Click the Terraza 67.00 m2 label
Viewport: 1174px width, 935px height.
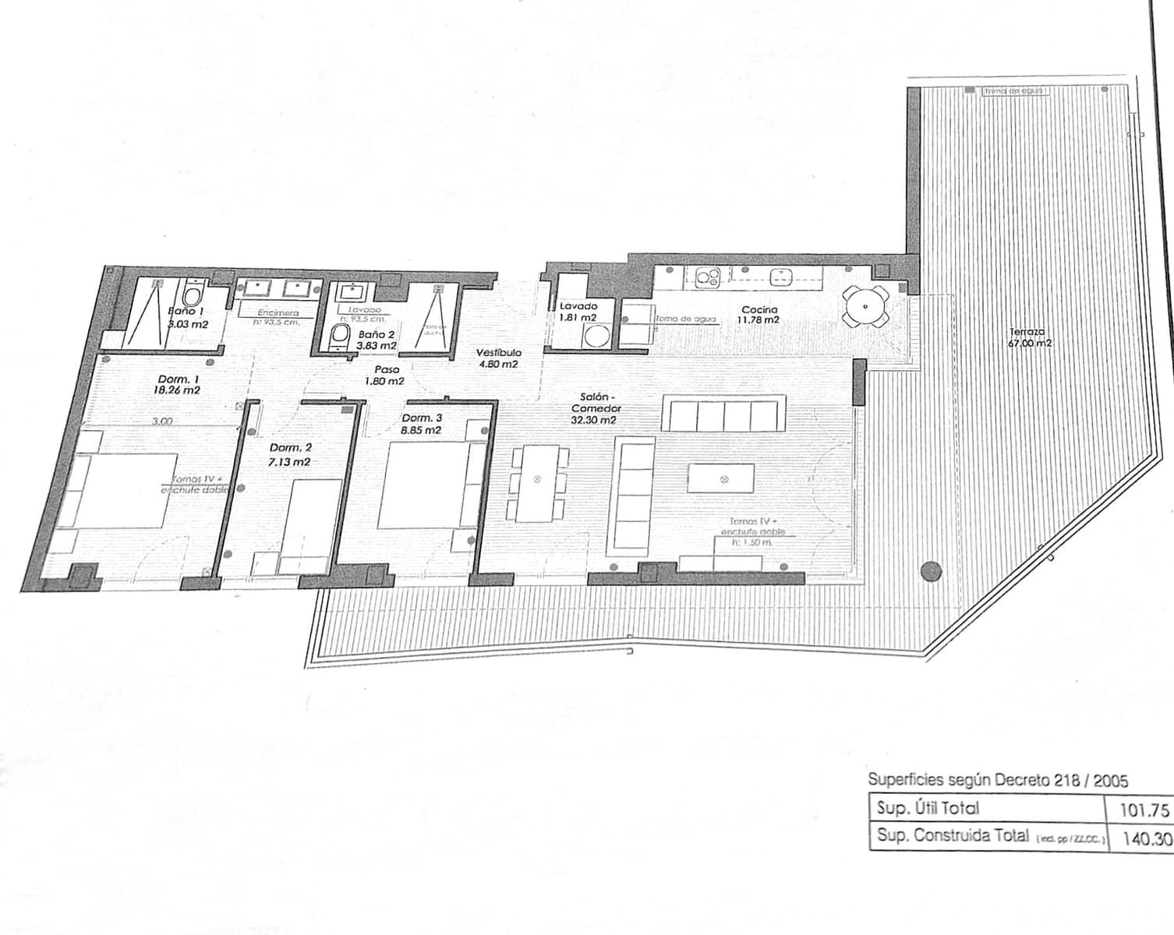point(1031,337)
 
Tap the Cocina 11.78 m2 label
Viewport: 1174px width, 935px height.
point(759,314)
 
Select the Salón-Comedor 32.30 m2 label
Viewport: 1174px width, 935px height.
point(596,408)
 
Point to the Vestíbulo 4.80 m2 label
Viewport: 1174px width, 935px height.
point(498,358)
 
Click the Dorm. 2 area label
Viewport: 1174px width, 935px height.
point(291,455)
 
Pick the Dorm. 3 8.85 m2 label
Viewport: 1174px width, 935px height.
point(422,424)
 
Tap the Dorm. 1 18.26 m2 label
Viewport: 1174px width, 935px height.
point(179,385)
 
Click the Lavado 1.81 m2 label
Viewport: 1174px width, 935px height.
point(578,312)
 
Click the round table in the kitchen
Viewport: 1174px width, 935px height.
point(865,306)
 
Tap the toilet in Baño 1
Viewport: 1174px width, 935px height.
point(192,295)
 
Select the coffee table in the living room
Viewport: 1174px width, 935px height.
point(721,478)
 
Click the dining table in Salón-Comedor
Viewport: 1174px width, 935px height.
point(536,482)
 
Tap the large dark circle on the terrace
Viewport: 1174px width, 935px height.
point(929,571)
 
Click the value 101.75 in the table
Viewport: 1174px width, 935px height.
point(1144,810)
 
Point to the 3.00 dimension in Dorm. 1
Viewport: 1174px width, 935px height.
point(162,422)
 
